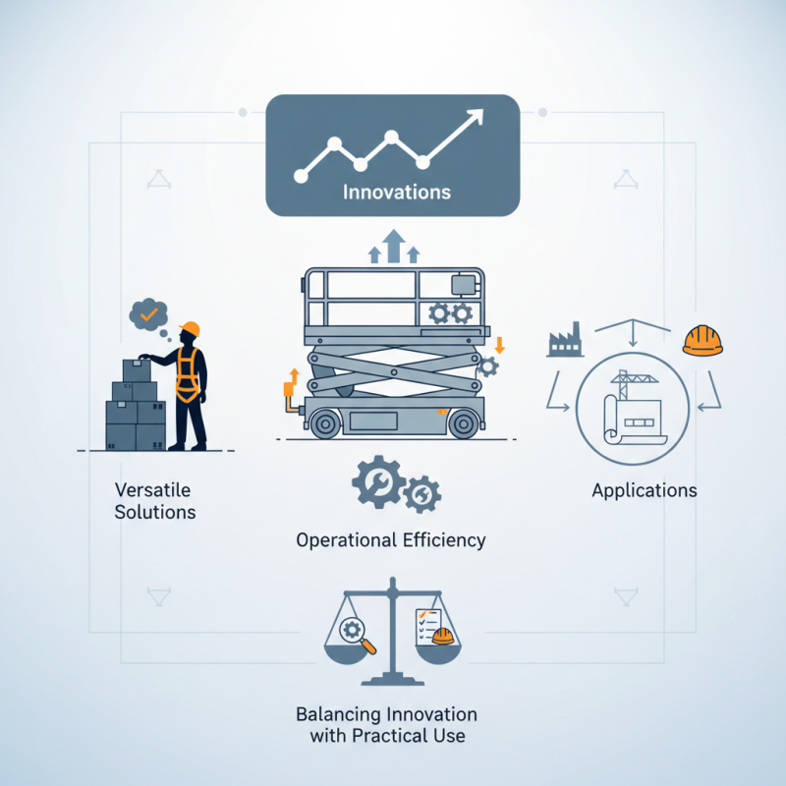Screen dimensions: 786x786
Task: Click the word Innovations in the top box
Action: point(397,192)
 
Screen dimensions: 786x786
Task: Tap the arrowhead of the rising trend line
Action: point(475,117)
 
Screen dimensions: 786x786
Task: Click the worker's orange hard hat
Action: point(190,329)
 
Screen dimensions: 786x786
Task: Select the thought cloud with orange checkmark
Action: point(148,314)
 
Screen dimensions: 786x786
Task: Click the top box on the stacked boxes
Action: point(137,370)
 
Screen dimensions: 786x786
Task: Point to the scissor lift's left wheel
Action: point(325,423)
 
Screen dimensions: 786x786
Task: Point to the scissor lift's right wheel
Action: point(463,423)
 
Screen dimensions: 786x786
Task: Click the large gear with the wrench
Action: point(378,482)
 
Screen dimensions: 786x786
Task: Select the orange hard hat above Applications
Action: point(702,340)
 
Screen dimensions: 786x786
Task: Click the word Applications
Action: point(645,490)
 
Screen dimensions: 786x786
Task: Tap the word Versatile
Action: point(152,489)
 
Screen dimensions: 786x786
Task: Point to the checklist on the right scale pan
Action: point(428,627)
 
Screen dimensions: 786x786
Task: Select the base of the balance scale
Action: point(392,680)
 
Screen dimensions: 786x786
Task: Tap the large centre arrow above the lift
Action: point(394,247)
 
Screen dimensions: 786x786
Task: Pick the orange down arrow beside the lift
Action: point(499,346)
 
